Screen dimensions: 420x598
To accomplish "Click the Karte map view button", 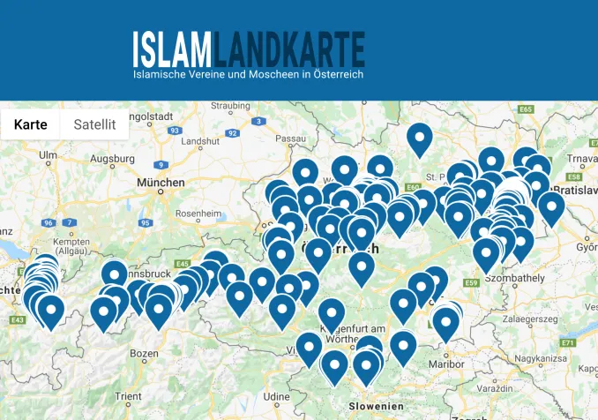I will tap(30, 124).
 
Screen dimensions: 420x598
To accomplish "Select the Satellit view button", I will tap(94, 124).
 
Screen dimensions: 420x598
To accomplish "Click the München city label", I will tap(161, 183).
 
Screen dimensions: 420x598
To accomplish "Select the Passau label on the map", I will tap(289, 139).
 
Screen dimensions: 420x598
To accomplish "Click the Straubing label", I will tap(231, 107).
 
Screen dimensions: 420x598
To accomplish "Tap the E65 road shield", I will tap(527, 109).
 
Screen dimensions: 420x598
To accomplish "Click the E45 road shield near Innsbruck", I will tap(182, 264).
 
